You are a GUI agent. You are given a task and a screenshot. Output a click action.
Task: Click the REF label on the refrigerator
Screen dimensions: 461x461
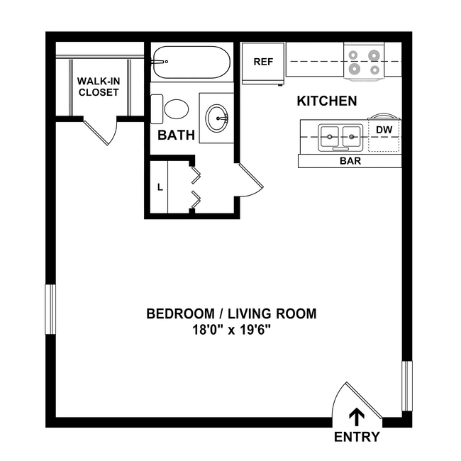click(x=263, y=62)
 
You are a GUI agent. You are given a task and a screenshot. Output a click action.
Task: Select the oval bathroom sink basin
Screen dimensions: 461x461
click(x=217, y=118)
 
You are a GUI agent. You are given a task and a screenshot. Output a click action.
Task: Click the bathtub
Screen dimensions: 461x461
click(x=191, y=62)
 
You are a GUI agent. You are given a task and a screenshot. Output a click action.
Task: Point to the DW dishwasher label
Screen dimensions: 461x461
click(x=384, y=130)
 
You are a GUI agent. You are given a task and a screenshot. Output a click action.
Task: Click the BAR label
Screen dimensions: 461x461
click(x=350, y=161)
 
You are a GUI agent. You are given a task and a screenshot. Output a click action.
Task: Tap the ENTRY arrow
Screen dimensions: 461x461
click(x=356, y=417)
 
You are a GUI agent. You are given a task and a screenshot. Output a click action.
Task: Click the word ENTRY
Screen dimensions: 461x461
click(x=357, y=437)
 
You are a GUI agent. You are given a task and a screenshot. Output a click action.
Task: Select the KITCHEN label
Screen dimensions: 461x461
click(x=327, y=101)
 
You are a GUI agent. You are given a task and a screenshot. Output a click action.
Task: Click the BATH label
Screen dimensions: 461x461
click(x=177, y=135)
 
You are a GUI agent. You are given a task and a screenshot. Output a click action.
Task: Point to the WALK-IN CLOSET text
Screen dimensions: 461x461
click(x=99, y=87)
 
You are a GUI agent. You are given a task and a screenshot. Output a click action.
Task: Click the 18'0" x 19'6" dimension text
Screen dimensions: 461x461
click(x=231, y=330)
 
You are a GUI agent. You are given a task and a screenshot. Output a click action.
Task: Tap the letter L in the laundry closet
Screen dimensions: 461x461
click(x=160, y=187)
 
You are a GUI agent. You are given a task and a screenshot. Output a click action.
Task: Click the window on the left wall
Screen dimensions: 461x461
click(x=50, y=309)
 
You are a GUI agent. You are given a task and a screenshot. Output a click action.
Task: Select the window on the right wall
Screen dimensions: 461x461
click(x=407, y=386)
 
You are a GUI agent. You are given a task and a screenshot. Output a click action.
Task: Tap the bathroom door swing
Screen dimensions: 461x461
click(x=250, y=179)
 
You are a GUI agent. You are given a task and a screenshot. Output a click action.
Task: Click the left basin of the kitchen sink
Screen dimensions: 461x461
click(x=330, y=136)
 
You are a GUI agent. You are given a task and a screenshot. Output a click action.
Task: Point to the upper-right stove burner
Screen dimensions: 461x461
click(x=374, y=55)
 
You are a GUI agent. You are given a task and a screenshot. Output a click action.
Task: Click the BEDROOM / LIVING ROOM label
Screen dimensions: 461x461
click(x=231, y=313)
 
